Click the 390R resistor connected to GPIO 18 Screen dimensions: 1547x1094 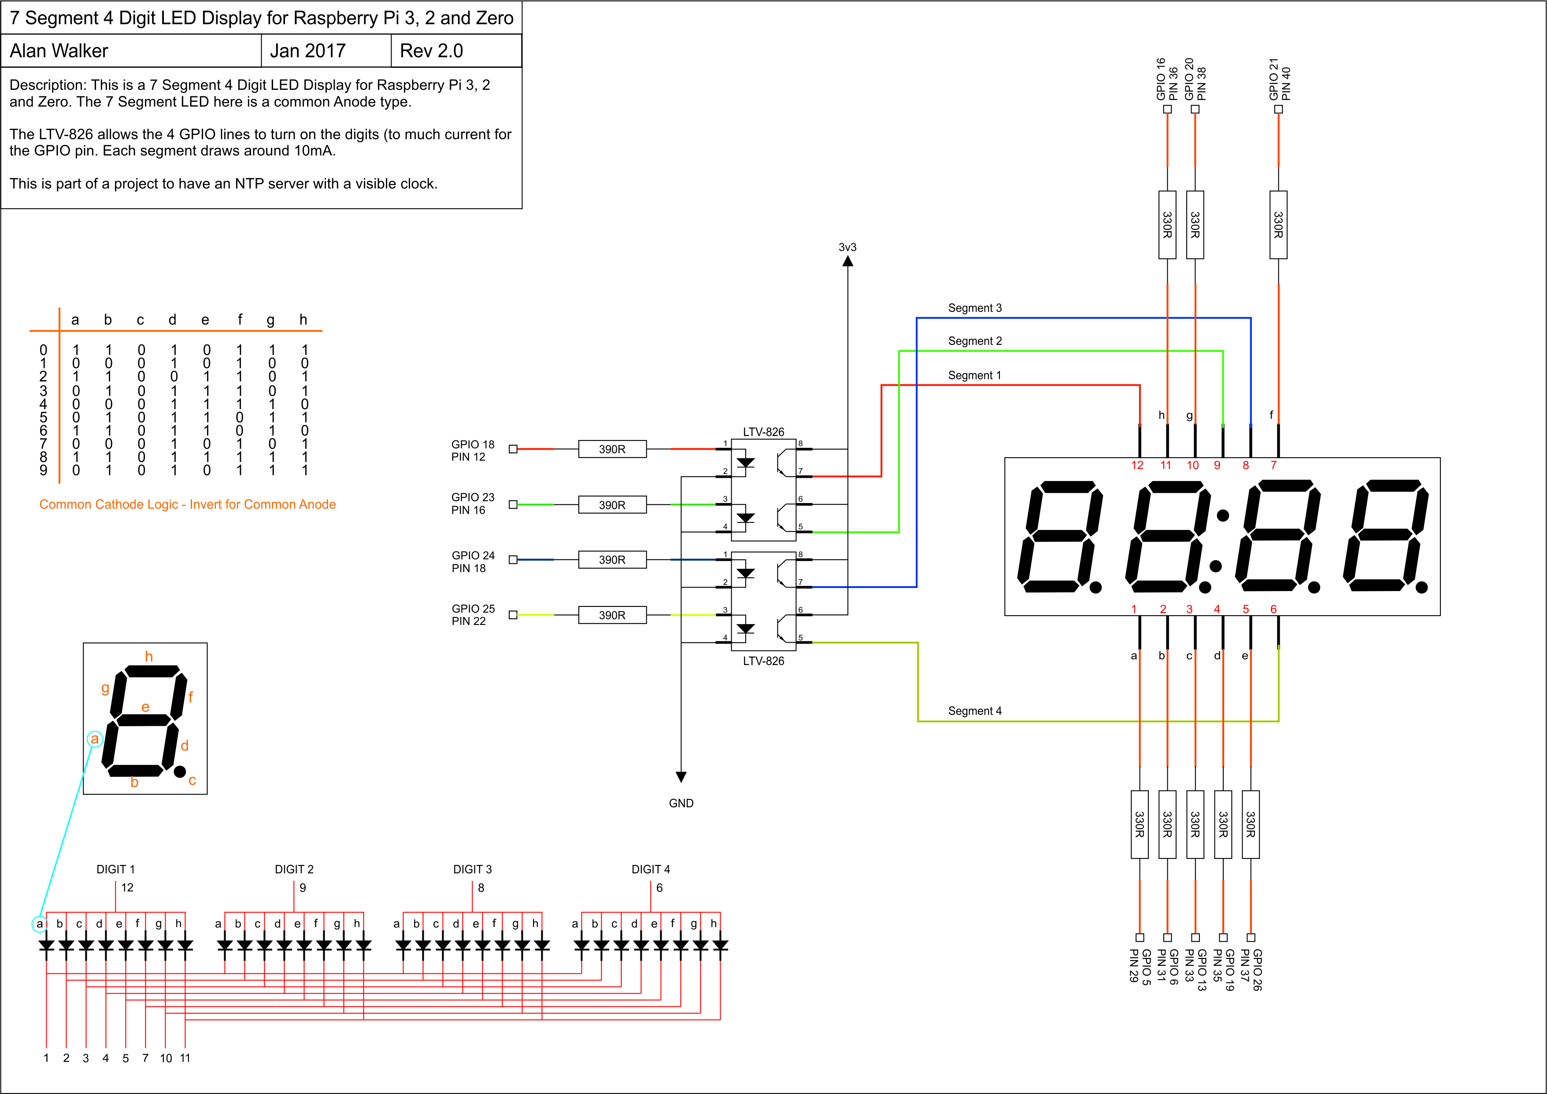(612, 449)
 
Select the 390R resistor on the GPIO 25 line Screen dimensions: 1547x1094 (612, 615)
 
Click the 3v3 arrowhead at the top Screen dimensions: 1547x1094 (848, 261)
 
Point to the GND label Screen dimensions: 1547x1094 (681, 803)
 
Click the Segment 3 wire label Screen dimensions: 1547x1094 (974, 308)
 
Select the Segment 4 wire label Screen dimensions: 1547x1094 (974, 711)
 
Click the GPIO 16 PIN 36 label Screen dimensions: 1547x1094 (1167, 79)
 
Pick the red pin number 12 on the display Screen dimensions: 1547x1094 (1137, 465)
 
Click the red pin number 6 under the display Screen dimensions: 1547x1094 (1273, 609)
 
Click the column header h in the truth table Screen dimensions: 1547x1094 (303, 319)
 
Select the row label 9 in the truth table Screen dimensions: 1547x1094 (43, 470)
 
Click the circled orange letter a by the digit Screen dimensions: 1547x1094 (95, 739)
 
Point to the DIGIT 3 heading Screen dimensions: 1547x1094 (472, 869)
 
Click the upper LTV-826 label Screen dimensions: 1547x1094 (763, 432)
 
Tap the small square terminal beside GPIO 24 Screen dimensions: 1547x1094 (513, 559)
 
